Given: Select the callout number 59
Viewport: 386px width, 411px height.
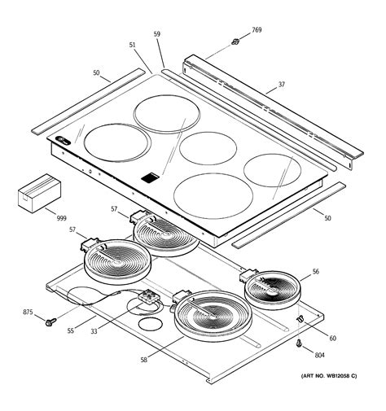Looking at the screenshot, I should tap(157, 36).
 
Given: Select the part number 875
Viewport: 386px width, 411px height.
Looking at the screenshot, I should tap(27, 313).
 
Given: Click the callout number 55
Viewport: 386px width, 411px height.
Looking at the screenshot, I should tap(71, 330).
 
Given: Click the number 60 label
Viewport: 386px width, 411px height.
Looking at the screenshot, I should tap(332, 337).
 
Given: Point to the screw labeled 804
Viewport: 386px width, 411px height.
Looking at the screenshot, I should tap(301, 346).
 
